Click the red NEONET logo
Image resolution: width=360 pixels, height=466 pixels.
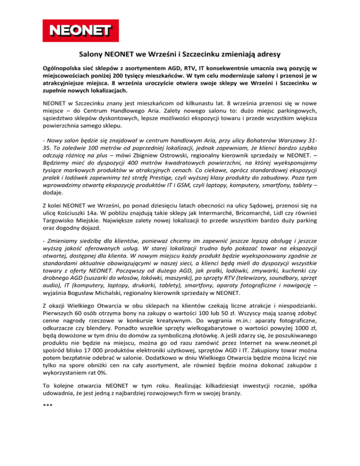pos(77,31)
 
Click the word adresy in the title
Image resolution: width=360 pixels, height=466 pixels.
pos(273,54)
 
